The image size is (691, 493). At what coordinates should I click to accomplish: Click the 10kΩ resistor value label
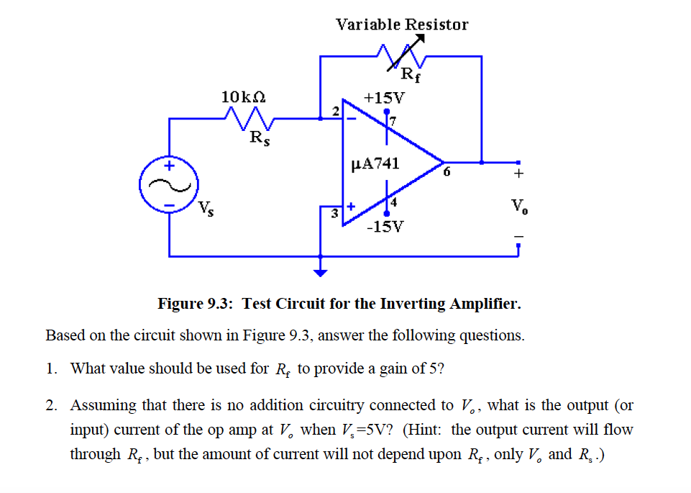coord(244,96)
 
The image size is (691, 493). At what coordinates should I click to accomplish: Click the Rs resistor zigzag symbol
coord(248,117)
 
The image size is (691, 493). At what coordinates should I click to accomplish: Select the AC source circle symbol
coord(169,186)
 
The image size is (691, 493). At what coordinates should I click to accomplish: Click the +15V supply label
coord(385,96)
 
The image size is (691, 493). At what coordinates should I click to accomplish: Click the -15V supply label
coord(385,227)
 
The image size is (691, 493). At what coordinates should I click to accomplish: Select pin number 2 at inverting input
coord(335,109)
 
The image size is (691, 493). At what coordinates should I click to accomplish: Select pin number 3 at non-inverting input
coord(334,214)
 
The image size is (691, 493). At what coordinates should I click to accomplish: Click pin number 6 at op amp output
coord(447,173)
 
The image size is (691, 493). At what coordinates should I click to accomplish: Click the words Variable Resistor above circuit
coord(402,24)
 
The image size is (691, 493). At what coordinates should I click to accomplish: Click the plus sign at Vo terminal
coord(518,173)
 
